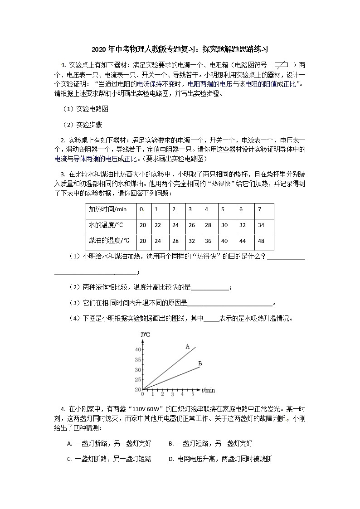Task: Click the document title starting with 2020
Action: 180,49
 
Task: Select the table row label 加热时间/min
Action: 107,209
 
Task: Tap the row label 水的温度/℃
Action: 106,225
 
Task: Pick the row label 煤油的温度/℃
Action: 109,241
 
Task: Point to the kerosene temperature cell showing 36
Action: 208,241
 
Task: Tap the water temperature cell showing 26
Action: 191,225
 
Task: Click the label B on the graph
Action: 200,364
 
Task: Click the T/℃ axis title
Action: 146,335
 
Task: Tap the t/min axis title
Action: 208,390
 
